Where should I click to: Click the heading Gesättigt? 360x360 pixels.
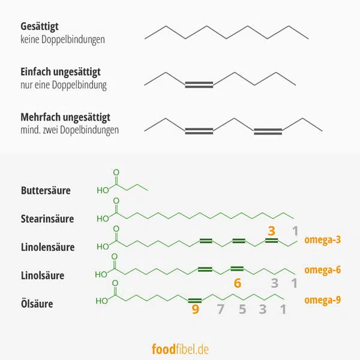[40, 27]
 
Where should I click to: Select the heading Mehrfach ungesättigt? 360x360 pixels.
[65, 116]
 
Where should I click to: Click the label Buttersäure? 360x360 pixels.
[45, 191]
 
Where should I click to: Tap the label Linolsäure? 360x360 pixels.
[41, 275]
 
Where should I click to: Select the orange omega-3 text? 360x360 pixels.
[322, 240]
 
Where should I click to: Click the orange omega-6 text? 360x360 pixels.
[322, 269]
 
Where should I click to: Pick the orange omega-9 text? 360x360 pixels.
[322, 299]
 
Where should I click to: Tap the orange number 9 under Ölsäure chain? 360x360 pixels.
[195, 310]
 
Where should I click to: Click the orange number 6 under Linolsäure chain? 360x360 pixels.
[238, 283]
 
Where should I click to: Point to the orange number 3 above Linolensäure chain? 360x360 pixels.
[271, 231]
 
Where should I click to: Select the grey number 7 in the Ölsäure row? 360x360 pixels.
[220, 310]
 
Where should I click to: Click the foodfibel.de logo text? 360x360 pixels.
[179, 348]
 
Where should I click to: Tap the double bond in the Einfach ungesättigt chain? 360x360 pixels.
[199, 85]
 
